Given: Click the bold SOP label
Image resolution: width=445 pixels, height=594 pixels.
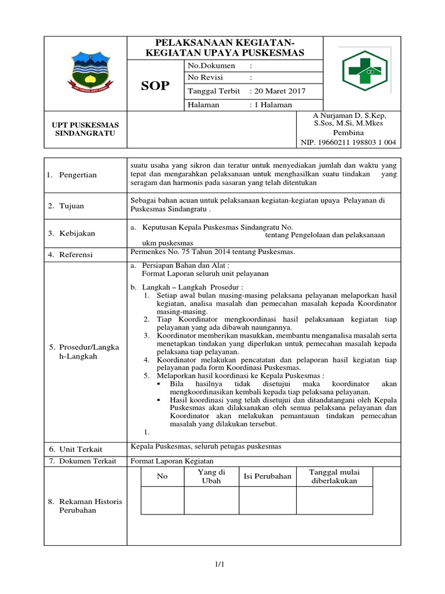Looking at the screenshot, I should click(x=155, y=86).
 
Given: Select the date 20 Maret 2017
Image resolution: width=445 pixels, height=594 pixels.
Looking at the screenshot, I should click(x=277, y=91).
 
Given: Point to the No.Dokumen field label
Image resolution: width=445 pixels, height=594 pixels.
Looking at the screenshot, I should click(x=211, y=66).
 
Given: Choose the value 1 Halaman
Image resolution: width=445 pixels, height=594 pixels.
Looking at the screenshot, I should click(x=271, y=104).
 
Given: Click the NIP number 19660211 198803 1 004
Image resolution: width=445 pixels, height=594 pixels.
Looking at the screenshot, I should click(x=348, y=142).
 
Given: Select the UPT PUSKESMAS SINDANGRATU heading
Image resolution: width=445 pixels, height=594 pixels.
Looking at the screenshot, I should click(x=86, y=129).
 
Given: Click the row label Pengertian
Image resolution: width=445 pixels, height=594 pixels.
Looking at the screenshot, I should click(x=77, y=175).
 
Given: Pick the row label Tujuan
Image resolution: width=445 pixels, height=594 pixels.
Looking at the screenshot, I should click(x=72, y=206).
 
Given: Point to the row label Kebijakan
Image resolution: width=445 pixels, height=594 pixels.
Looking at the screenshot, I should click(x=77, y=233).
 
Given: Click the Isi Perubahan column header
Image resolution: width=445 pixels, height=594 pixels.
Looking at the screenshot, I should click(x=267, y=476).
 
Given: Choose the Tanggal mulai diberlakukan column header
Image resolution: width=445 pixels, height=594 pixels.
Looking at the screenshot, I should click(x=334, y=476).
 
